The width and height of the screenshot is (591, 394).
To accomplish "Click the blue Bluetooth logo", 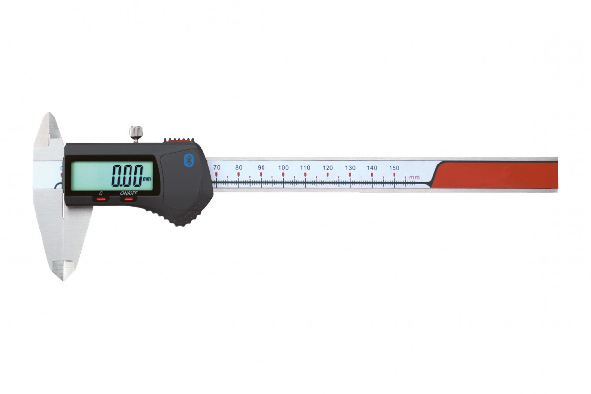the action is (x=188, y=160).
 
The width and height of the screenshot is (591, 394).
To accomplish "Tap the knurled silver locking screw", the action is (x=136, y=133).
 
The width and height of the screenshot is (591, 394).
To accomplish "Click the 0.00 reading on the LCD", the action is (x=127, y=176).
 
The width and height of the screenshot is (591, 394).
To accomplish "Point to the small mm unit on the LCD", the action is (x=147, y=179).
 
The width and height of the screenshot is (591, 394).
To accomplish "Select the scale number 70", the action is (x=217, y=167).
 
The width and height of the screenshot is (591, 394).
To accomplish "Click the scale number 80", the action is (x=239, y=167).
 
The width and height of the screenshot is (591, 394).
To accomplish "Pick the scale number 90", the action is (x=261, y=167).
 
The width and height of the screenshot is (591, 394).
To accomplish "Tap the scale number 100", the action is (x=283, y=167).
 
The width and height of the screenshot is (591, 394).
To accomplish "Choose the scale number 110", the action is (x=305, y=167).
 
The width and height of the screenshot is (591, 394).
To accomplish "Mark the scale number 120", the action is (x=328, y=168).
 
